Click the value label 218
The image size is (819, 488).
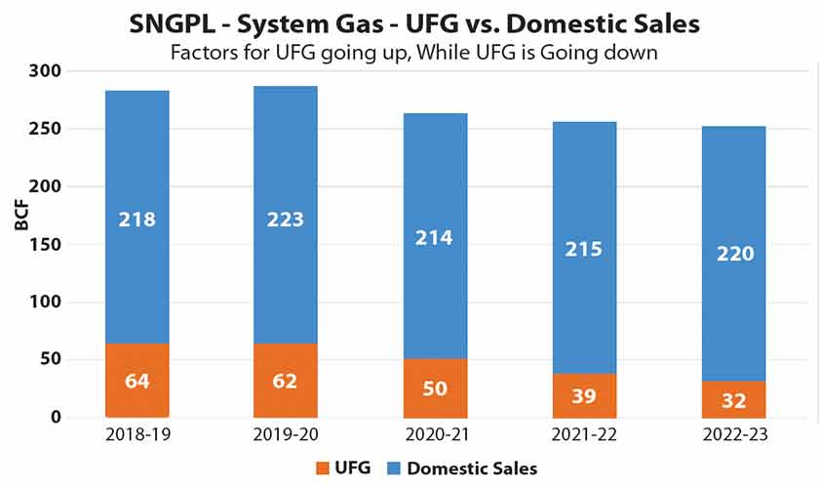(x=136, y=220)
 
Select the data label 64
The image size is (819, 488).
(x=136, y=379)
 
